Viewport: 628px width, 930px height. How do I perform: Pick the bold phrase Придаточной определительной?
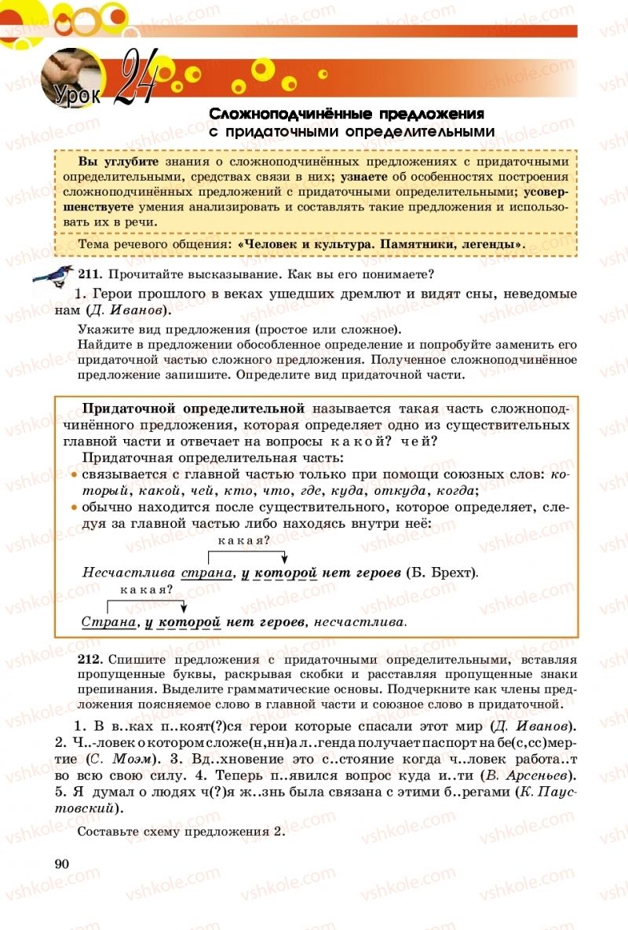coord(193,409)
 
